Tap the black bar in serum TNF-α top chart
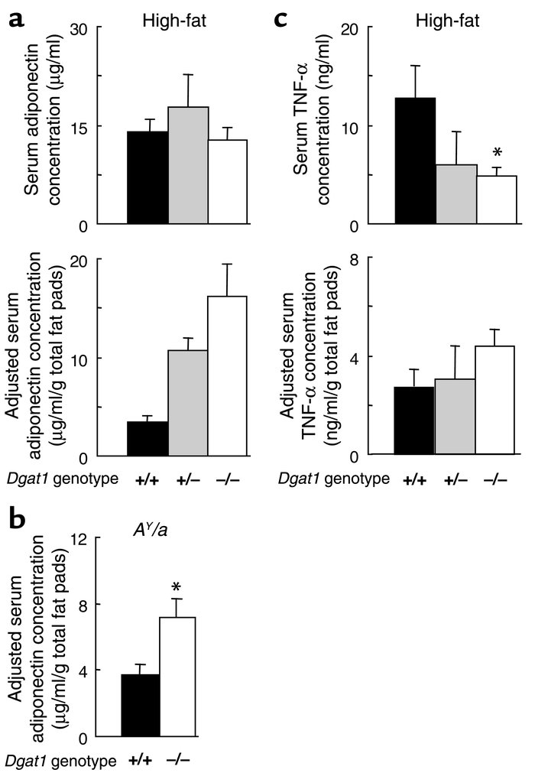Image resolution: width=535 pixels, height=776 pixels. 414,161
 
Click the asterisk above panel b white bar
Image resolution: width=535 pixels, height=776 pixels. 177,588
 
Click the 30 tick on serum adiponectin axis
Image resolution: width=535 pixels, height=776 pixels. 79,28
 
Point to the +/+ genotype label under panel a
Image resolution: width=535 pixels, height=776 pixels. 147,479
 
